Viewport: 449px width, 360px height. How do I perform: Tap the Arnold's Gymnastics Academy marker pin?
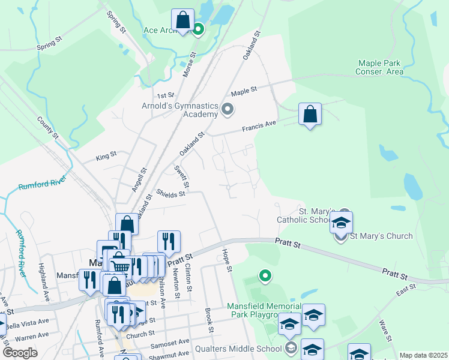click(x=228, y=109)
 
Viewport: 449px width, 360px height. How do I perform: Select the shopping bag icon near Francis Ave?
click(x=310, y=114)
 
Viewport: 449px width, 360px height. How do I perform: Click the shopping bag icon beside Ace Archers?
click(x=182, y=20)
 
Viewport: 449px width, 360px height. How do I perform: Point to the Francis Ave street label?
click(x=259, y=126)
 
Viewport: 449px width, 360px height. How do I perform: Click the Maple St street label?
click(x=244, y=91)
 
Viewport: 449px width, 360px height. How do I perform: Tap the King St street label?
click(x=106, y=157)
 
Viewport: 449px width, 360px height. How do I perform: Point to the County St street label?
click(x=47, y=128)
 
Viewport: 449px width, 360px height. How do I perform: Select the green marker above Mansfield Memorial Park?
click(x=264, y=276)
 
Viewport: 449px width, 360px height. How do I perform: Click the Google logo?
click(x=20, y=353)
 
